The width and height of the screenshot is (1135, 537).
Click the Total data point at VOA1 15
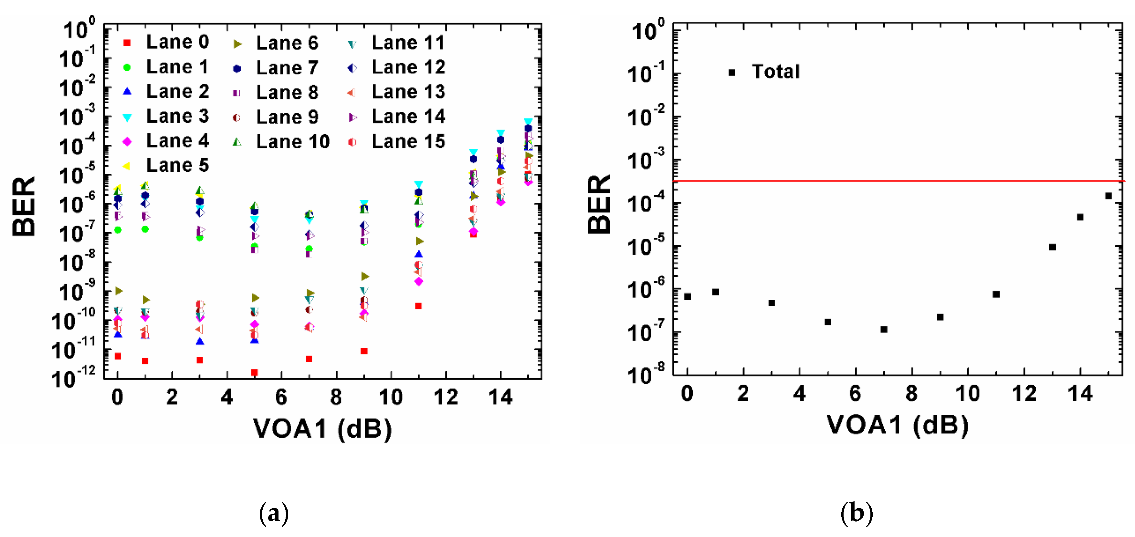(1108, 196)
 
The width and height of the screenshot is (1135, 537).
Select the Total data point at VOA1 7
(883, 329)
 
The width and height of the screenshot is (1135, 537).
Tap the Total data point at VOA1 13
(1052, 247)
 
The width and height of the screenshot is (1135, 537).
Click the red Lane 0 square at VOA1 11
(418, 306)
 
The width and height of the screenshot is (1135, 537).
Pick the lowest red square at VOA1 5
(254, 373)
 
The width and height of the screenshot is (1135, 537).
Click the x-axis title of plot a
(322, 428)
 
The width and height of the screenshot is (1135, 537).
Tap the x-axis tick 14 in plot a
(500, 398)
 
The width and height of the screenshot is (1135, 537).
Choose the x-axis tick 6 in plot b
(855, 393)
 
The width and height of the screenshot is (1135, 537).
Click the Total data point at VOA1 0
(687, 296)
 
